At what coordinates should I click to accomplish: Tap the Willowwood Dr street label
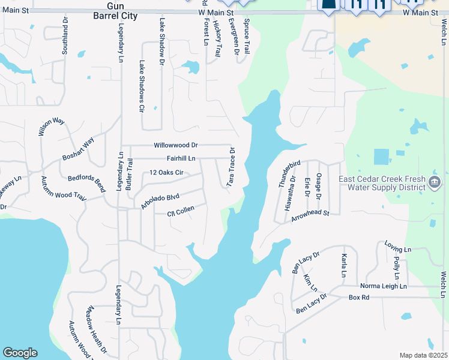175,145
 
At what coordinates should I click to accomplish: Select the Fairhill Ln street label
181,158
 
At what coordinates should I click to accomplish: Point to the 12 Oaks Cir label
166,173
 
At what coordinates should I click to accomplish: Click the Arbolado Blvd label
160,200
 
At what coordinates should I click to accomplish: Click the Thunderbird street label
289,175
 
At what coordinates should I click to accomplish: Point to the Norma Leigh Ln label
383,286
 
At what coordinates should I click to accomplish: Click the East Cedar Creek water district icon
436,181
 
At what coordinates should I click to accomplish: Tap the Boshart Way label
79,149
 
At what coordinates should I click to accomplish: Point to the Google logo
20,353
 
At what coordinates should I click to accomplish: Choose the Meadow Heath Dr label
96,330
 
